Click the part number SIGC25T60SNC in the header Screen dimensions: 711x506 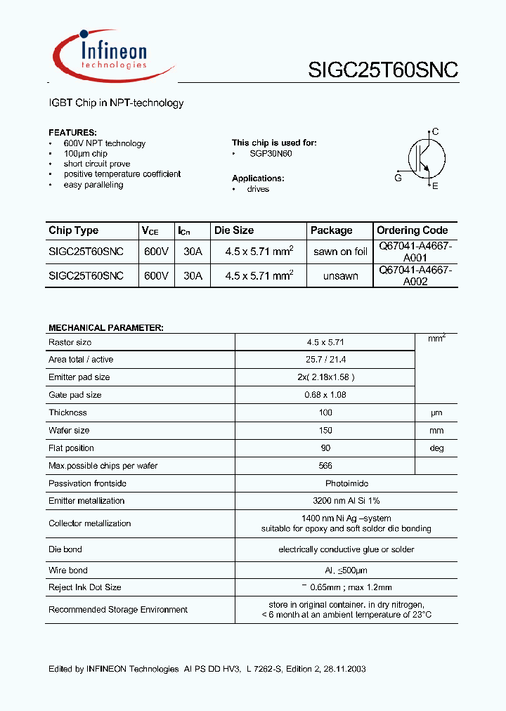(x=383, y=70)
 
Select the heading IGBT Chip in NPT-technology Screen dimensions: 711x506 (x=116, y=103)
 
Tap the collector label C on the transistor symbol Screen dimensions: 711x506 (x=436, y=131)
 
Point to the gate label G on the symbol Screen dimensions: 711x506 (x=398, y=178)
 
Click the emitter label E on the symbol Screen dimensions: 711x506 (x=436, y=186)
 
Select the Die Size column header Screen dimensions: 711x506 (x=234, y=230)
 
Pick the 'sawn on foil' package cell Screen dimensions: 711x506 (x=340, y=252)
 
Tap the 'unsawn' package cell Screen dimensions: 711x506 (x=340, y=276)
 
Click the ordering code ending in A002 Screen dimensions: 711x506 (x=415, y=275)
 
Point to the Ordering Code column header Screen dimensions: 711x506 (x=412, y=230)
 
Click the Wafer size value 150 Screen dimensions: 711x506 (x=325, y=431)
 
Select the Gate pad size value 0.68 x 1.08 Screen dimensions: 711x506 (x=325, y=395)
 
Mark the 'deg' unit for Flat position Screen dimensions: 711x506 (x=436, y=448)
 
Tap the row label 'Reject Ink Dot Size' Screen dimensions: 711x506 (x=84, y=587)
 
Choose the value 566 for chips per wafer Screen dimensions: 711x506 (x=325, y=466)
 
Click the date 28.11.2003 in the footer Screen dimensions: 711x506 (x=344, y=670)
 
